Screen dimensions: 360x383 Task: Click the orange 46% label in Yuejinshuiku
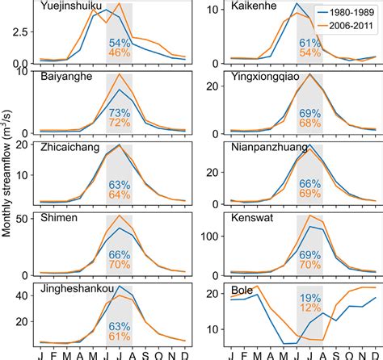click(120, 52)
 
